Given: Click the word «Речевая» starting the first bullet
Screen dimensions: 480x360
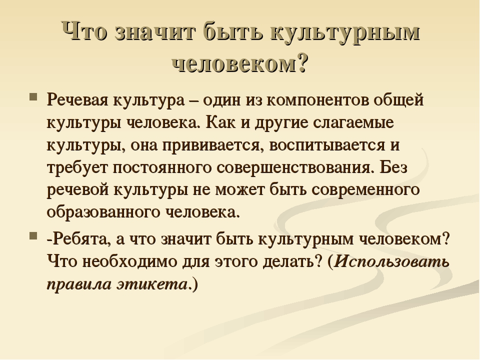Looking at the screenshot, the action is [77, 100].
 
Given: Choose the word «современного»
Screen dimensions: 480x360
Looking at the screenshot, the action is [365, 190].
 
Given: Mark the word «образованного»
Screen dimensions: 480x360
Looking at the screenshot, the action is [103, 212].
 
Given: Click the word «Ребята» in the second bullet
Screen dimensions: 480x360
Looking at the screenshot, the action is [80, 239].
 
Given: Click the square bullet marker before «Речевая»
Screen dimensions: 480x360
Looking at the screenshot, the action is [33, 97].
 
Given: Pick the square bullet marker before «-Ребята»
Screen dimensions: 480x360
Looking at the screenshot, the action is [33, 235].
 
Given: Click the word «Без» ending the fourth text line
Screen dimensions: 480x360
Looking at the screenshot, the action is [393, 167].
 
